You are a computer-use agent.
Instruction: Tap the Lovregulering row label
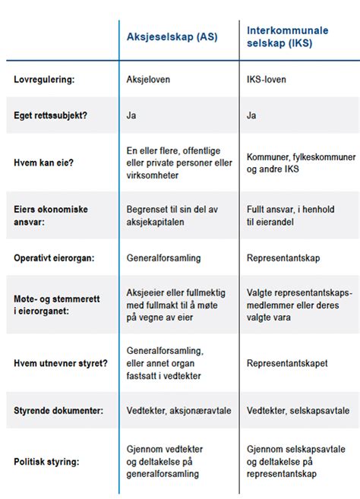[46, 78]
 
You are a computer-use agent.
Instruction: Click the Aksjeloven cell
[149, 78]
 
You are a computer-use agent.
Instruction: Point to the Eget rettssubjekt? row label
[55, 115]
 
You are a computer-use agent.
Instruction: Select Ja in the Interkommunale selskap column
[252, 115]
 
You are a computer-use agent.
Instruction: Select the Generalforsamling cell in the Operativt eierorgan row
[163, 258]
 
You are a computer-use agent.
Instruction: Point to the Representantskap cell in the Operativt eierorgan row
[285, 258]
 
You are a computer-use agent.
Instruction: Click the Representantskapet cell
[287, 363]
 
